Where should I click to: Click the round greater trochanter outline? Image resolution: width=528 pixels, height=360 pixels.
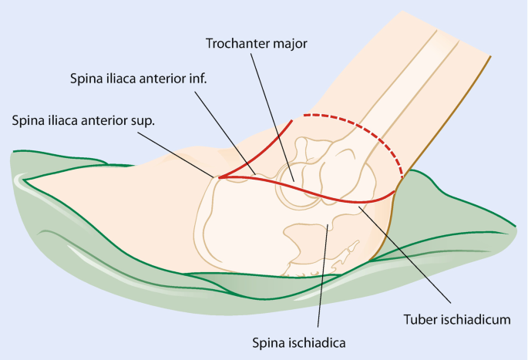pos(293,184)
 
